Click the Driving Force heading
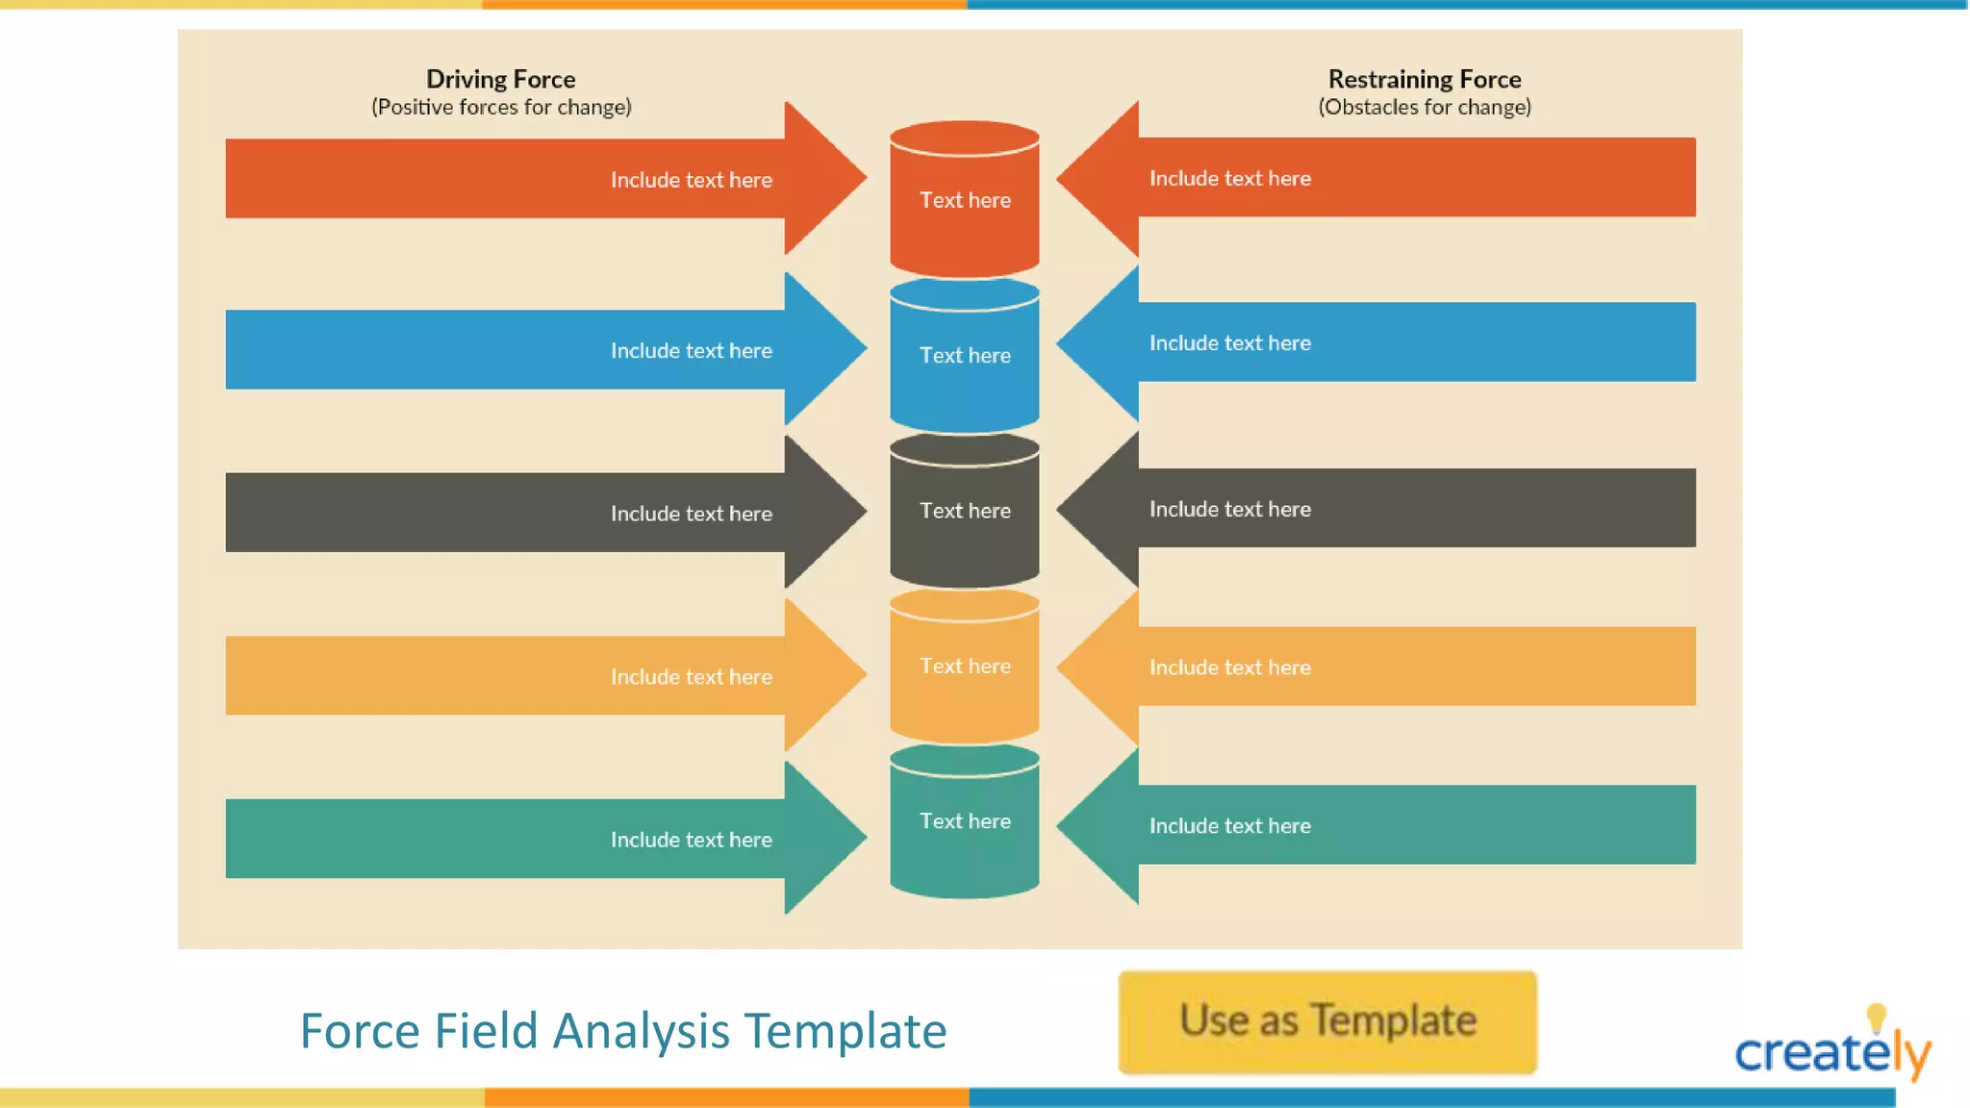(500, 79)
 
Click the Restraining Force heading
(1424, 79)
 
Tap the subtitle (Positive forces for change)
(501, 107)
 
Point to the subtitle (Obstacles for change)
(1424, 107)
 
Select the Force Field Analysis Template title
(623, 1031)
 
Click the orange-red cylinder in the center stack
(964, 200)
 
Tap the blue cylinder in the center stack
(964, 355)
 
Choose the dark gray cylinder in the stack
(964, 511)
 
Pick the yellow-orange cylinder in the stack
(964, 666)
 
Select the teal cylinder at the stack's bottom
(964, 821)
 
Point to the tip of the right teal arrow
(1061, 825)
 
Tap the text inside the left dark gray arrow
(691, 514)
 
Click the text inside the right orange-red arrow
(1229, 178)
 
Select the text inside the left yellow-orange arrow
(691, 677)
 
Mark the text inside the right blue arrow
(1229, 343)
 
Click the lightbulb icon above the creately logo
(1876, 1018)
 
